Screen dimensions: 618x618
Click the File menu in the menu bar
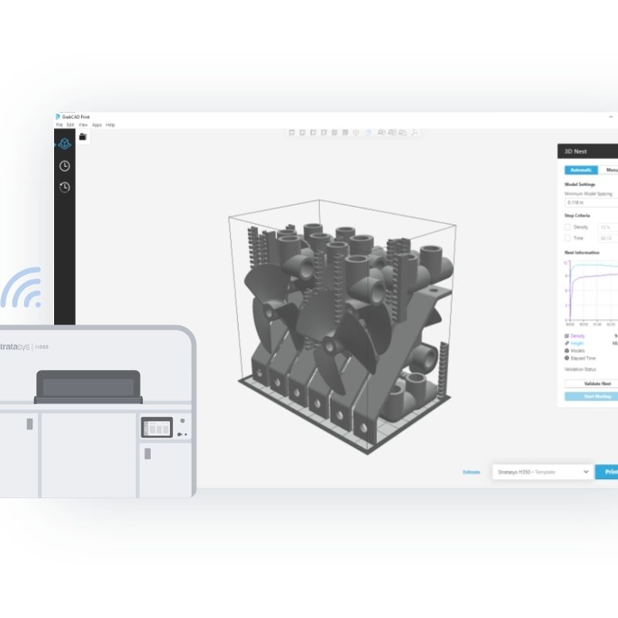point(59,124)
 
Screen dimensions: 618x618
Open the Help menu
point(110,124)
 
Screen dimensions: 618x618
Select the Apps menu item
point(97,124)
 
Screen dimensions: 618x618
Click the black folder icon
point(83,137)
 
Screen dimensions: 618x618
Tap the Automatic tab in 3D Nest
point(580,170)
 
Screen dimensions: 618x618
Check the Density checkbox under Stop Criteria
point(568,227)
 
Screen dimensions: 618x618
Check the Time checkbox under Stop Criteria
point(568,239)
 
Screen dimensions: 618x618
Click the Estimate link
point(471,472)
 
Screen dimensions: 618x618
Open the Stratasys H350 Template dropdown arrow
point(586,471)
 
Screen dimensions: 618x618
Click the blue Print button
point(608,471)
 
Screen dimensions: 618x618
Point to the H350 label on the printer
point(41,347)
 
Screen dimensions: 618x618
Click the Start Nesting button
point(591,396)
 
